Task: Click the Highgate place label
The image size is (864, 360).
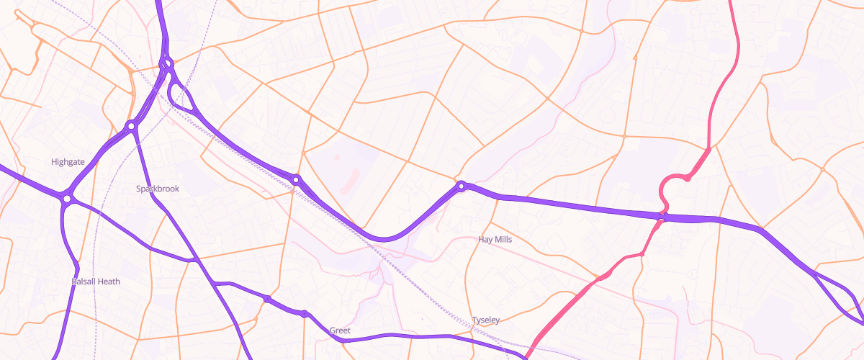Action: coord(68,162)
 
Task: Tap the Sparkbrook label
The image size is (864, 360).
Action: coord(158,189)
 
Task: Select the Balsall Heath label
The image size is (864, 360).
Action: coord(96,281)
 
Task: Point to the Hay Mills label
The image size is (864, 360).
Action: coord(495,239)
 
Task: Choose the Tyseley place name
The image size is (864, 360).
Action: coord(486,320)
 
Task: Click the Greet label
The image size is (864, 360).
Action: coord(340,330)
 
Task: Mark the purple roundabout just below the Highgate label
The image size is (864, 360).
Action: coord(67,197)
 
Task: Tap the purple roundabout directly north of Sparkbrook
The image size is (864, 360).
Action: coord(131,127)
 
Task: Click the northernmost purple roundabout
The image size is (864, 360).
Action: coord(167,64)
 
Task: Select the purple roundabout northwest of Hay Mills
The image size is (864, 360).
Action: coord(462,186)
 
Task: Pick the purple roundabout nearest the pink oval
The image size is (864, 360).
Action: coord(296,179)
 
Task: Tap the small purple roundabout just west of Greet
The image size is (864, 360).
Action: coord(305,314)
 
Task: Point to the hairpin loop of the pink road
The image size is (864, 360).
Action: coord(666,189)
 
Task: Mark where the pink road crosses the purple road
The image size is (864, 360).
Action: coord(662,215)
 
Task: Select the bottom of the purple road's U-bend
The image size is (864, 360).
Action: coord(385,238)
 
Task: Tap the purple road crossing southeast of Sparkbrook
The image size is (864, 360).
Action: coord(194,259)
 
